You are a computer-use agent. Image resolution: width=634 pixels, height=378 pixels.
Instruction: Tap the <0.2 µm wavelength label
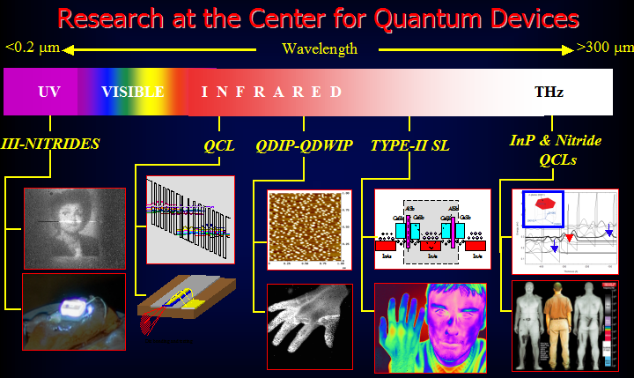[x=32, y=48]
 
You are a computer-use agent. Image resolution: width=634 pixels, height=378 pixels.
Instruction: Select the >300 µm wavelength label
[x=601, y=48]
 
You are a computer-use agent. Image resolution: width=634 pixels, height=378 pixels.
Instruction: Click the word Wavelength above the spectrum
[x=319, y=48]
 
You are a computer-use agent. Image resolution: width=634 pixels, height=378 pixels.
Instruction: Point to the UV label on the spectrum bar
[x=49, y=92]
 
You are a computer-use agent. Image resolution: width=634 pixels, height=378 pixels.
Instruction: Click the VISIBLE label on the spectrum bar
[x=132, y=92]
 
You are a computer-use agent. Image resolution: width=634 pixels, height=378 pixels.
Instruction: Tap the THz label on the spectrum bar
[x=549, y=92]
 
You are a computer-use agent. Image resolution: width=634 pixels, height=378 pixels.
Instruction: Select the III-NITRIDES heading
[x=50, y=144]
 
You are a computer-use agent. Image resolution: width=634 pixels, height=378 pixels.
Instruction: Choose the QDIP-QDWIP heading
[x=302, y=145]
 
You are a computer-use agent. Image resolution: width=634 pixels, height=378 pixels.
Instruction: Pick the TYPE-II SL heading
[x=409, y=145]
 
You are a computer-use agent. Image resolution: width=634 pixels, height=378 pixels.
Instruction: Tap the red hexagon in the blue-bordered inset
[x=542, y=205]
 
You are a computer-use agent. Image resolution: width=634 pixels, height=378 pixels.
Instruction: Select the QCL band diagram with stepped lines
[x=190, y=219]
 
